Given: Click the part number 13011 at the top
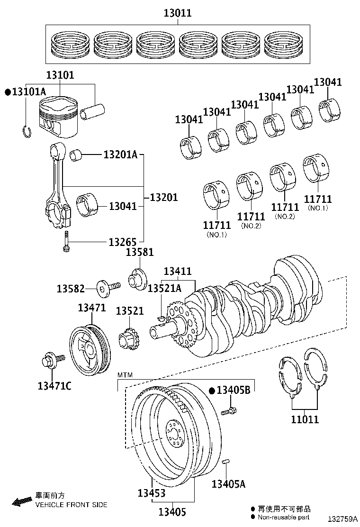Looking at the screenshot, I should coord(178,13).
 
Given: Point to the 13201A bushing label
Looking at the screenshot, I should coord(120,154).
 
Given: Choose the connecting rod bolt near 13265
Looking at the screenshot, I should coord(66,241).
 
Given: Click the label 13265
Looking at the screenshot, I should coord(123,242).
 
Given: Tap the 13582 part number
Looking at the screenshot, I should coord(71,288).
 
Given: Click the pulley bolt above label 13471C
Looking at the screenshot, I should coord(50,362).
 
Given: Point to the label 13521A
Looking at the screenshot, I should coord(164,288).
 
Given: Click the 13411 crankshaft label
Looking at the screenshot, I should coord(178,272).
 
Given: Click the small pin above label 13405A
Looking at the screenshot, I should coord(226,461).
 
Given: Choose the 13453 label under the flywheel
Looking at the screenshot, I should coord(152,493).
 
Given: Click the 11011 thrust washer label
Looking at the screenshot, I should coord(305,419).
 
